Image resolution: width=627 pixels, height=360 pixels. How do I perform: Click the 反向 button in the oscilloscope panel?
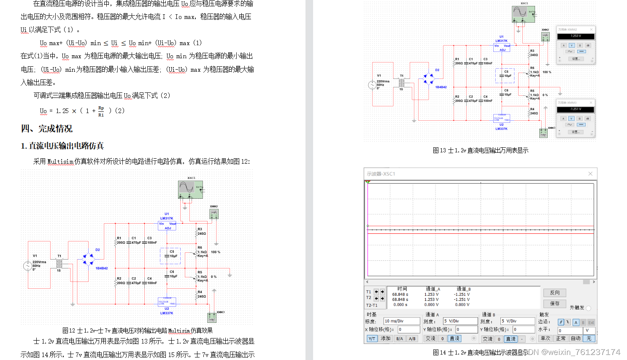(554, 292)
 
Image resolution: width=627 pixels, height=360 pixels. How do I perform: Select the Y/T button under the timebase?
(372, 338)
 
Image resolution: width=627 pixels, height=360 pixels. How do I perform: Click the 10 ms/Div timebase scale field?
(401, 321)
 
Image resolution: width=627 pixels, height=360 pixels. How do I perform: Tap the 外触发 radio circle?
(589, 308)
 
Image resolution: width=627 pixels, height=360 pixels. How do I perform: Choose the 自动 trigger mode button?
(575, 338)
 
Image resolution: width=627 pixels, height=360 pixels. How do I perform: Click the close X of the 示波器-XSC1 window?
(590, 173)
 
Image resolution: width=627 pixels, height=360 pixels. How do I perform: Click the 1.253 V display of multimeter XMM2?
(576, 36)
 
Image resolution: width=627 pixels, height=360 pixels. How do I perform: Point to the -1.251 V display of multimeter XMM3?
(576, 109)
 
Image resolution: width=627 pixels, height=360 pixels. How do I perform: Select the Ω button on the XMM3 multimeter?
(580, 119)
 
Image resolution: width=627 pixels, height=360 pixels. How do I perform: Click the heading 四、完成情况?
(46, 129)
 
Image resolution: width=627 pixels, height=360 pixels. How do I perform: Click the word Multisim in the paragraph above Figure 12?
(60, 162)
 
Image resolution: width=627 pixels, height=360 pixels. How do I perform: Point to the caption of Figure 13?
(480, 150)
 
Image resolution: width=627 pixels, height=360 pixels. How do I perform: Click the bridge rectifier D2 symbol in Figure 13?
(429, 78)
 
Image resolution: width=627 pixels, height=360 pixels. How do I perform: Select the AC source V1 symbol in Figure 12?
(27, 266)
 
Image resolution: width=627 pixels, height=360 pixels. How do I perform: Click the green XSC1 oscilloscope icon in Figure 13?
(523, 14)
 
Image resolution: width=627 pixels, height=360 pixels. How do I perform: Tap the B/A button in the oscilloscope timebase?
(400, 338)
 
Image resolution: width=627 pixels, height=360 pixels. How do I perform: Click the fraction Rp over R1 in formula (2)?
(101, 111)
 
